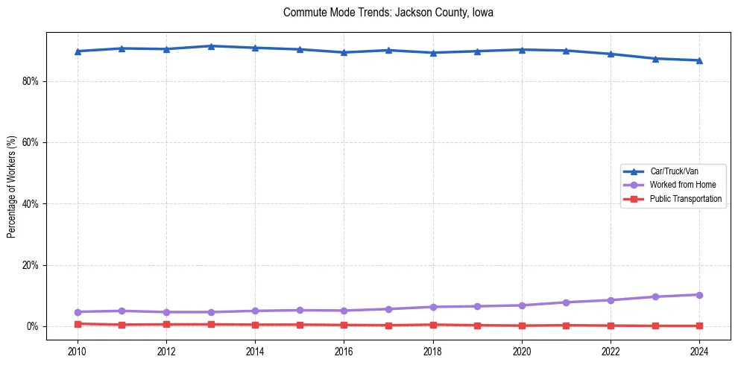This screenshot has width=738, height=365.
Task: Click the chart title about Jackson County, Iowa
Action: point(388,13)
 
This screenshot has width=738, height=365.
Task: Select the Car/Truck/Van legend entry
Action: point(674,171)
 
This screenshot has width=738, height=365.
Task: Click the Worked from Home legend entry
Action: point(683,185)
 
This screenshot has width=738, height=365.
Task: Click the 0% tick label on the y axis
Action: point(31,326)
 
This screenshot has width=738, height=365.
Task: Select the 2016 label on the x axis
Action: point(344,350)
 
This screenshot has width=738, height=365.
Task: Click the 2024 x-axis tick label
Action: point(699,350)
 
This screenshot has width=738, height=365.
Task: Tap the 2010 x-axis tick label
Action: point(78,350)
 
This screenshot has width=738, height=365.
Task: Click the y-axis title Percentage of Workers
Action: point(12,186)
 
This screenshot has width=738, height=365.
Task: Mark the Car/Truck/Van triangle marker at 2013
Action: point(211,46)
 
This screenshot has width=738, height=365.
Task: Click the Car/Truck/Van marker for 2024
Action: point(699,60)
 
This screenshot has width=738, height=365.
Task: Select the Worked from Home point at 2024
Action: point(699,295)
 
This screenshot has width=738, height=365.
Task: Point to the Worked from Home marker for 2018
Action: point(432,307)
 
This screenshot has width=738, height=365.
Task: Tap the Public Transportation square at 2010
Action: point(78,324)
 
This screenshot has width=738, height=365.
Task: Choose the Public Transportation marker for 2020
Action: point(522,326)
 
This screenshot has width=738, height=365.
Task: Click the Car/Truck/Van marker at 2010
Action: point(78,51)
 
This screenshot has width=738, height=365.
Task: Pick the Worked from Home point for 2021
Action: point(566,302)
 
